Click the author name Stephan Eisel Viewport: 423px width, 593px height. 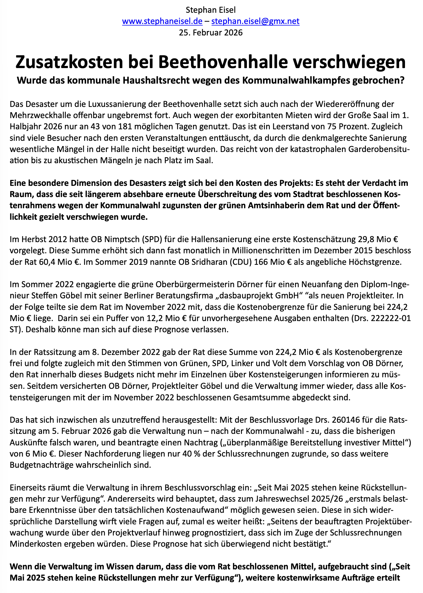pyautogui.click(x=211, y=10)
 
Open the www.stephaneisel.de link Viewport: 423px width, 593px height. pyautogui.click(x=162, y=21)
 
